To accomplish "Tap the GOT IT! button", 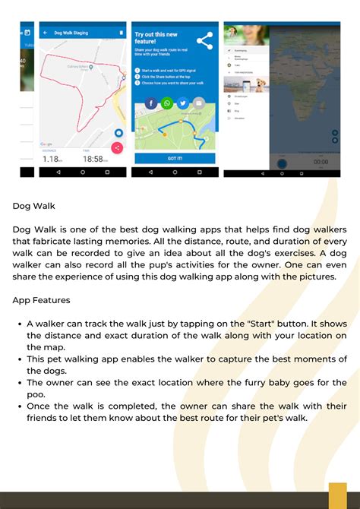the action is click(x=175, y=158).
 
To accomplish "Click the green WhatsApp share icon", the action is click(x=167, y=103).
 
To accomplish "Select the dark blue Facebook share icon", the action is click(x=151, y=103).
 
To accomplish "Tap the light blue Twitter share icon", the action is click(x=183, y=103).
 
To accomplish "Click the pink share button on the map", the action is click(x=117, y=147).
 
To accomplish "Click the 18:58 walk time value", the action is click(x=93, y=159).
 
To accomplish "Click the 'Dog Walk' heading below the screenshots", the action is click(x=33, y=205).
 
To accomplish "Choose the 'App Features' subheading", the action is click(x=41, y=300).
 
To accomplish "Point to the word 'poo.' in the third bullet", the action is click(x=36, y=394).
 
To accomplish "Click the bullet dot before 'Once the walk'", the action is click(x=18, y=406).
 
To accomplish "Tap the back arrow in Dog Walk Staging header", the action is click(x=45, y=33).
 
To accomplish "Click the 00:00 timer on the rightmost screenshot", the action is click(x=321, y=162).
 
